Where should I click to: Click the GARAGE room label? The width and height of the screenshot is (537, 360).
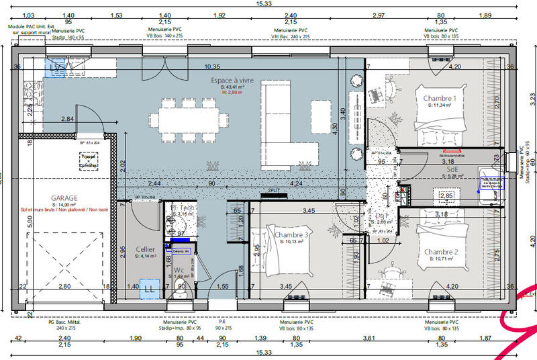point(64,198)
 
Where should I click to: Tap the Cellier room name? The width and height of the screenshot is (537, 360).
point(145,249)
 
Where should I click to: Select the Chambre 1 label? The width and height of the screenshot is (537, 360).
point(440,99)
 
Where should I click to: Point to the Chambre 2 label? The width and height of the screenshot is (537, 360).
point(440,251)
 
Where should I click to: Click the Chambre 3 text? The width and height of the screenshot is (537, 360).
point(292,234)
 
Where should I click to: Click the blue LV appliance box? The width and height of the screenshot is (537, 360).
point(56,68)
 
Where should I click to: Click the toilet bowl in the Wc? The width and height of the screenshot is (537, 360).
point(179,288)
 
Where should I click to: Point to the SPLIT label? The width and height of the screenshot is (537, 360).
point(274,191)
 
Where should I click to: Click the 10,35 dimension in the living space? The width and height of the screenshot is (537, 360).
point(212,66)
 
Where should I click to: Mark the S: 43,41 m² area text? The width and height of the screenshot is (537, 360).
point(232,87)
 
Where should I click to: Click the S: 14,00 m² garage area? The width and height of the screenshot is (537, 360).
point(64,205)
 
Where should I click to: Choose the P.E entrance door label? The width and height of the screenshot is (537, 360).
point(222,322)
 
